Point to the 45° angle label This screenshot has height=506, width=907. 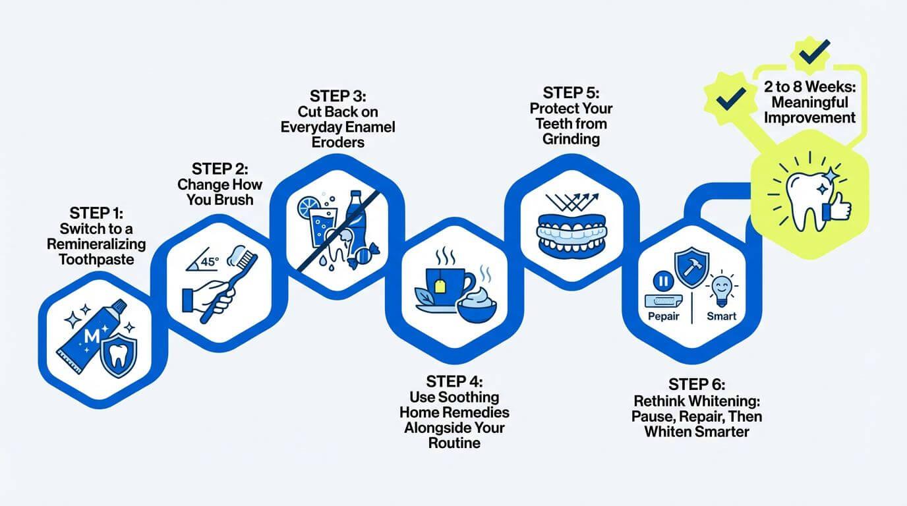click(x=209, y=262)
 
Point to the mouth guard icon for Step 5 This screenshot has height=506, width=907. click(x=571, y=232)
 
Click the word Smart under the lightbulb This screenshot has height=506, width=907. click(x=721, y=316)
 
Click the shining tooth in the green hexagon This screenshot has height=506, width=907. click(x=806, y=194)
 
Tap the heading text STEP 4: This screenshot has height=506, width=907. click(x=454, y=381)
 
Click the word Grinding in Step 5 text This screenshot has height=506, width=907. click(x=571, y=138)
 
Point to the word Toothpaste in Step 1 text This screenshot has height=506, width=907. click(x=96, y=259)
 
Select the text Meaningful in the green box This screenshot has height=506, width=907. click(x=809, y=103)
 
